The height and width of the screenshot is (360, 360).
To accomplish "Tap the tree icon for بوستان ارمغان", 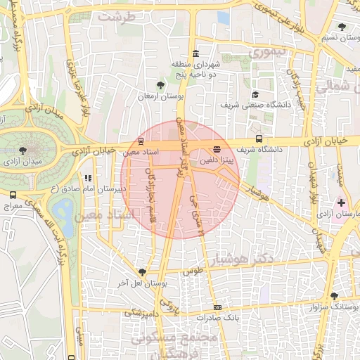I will click(x=162, y=85).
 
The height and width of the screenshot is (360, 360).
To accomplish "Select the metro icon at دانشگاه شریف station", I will click(x=259, y=139).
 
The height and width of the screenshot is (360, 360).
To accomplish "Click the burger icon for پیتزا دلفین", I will click(x=217, y=149).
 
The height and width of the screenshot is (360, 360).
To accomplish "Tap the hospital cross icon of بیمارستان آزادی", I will click(x=341, y=202).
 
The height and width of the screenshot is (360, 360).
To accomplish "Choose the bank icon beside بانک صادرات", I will click(x=217, y=307).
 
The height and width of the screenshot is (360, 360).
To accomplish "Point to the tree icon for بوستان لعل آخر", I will click(x=143, y=271).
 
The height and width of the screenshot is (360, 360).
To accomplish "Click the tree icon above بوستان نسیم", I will click(x=342, y=27).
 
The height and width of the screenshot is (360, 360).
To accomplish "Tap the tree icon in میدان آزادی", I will click(x=23, y=150).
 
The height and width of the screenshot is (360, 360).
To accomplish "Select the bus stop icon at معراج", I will click(x=13, y=195).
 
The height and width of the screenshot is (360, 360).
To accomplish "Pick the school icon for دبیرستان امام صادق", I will click(x=89, y=179).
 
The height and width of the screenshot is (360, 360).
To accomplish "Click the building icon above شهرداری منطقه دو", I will click(x=195, y=54).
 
